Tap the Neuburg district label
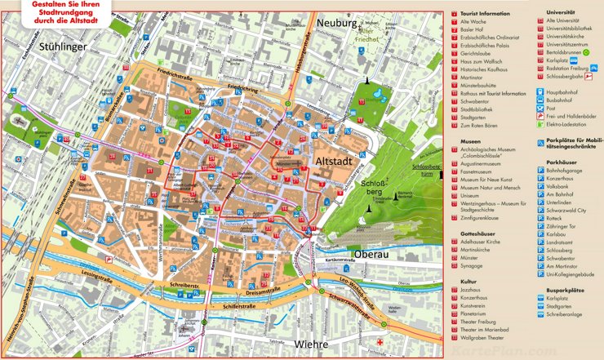[x=338, y=24]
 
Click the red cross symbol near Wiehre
[x=380, y=340]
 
